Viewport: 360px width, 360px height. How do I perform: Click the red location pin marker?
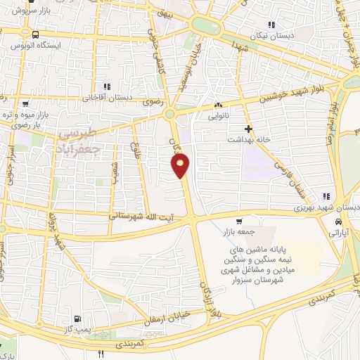click(181, 165)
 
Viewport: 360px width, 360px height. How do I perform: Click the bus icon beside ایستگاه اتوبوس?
click(35, 34)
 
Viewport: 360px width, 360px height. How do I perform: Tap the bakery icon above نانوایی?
click(217, 106)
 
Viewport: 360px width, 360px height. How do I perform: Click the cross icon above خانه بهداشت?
click(247, 129)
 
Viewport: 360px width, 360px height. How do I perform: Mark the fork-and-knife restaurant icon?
click(102, 354)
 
